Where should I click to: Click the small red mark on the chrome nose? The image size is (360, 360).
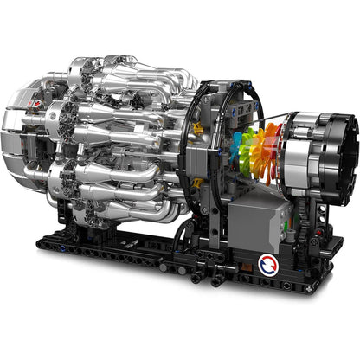[28, 106]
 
